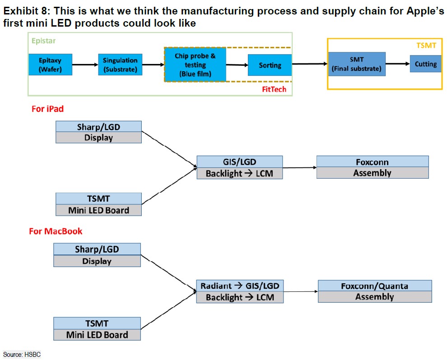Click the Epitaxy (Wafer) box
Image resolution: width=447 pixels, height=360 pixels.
point(51,65)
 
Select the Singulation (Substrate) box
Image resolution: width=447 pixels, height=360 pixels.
point(120,65)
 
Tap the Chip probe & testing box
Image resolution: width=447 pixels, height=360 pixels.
point(195,65)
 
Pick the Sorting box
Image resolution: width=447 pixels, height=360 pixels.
point(270,65)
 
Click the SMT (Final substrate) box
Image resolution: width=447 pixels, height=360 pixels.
point(357,64)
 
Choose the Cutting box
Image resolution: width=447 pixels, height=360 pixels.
point(426,64)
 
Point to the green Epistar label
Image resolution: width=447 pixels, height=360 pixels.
point(43,41)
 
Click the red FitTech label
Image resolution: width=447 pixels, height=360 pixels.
point(274,89)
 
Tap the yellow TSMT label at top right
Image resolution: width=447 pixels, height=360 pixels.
point(426,46)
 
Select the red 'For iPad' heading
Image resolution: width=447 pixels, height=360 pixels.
point(47,109)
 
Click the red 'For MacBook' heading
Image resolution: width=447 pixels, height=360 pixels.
point(56,231)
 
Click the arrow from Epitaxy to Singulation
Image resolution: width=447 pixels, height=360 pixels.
point(85,65)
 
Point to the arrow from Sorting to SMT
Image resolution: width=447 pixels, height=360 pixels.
point(310,64)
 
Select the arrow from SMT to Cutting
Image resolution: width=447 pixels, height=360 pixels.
point(398,64)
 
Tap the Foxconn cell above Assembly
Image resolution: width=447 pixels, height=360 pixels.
point(372,162)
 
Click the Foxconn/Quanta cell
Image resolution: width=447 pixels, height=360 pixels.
point(375,286)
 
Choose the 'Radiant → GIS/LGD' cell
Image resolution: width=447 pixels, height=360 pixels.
point(240,286)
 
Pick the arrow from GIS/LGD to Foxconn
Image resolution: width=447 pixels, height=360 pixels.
point(300,167)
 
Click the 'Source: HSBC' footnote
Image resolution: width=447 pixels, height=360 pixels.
point(22,355)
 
